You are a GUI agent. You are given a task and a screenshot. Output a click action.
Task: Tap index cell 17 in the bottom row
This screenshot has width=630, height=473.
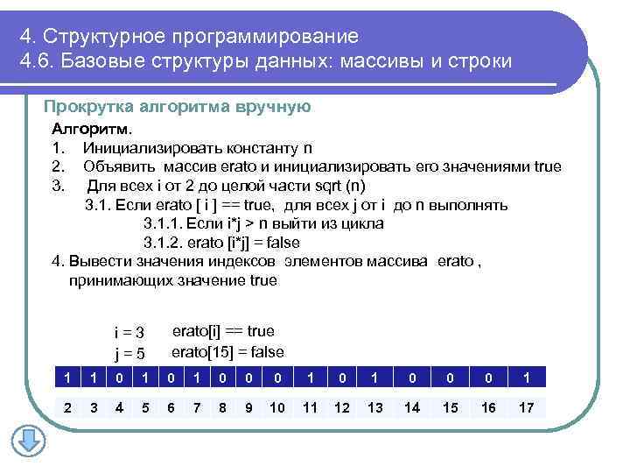(x=526, y=407)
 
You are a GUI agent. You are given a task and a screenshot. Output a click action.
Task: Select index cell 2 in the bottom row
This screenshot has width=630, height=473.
(x=67, y=407)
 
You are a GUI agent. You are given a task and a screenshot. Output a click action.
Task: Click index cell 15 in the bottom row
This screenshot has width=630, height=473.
(x=450, y=407)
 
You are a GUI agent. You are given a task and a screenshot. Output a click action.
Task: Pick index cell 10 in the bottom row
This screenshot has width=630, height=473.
(x=276, y=407)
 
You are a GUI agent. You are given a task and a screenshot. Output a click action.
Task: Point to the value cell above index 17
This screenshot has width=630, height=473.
(x=526, y=377)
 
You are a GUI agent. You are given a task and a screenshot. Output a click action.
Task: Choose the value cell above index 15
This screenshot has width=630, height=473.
(x=450, y=377)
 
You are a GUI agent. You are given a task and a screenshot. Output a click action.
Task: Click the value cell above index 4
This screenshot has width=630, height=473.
(x=119, y=377)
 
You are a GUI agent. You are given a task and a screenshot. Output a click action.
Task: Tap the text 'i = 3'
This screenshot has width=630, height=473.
(x=129, y=333)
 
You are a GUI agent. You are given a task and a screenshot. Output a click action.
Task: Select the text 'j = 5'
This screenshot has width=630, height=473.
(x=129, y=353)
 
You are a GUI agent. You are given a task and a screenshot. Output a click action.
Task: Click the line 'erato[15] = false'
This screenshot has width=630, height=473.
(x=227, y=352)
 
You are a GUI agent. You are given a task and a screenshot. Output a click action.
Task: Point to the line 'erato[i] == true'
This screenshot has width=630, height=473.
(x=223, y=331)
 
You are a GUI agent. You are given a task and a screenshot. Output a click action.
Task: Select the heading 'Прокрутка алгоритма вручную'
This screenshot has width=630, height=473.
(x=177, y=107)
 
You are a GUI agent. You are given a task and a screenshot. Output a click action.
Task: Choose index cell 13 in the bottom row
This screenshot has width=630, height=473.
(x=374, y=407)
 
